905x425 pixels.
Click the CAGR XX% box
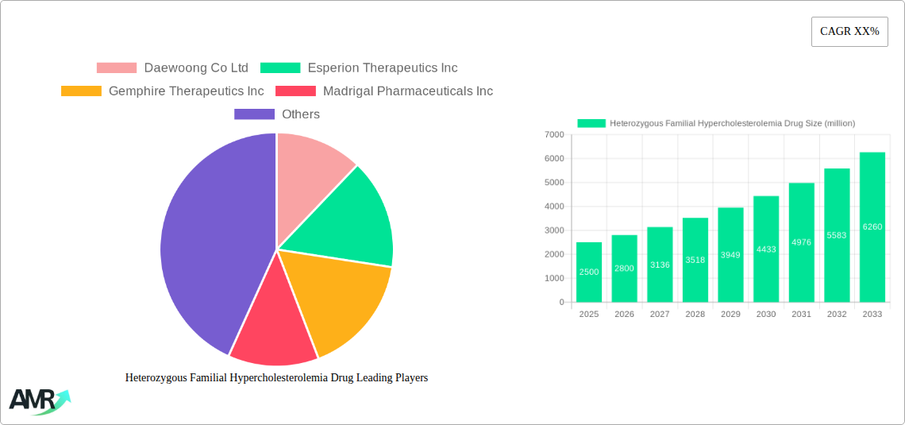tap(849, 32)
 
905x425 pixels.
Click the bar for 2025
tap(589, 272)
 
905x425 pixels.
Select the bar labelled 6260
tap(872, 227)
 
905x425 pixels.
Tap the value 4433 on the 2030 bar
tap(766, 249)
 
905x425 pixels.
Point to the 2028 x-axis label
tap(695, 315)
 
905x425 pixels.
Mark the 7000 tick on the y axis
tap(554, 135)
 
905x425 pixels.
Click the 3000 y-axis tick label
tap(554, 230)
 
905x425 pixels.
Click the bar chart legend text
tap(731, 123)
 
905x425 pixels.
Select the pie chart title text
tap(276, 378)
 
